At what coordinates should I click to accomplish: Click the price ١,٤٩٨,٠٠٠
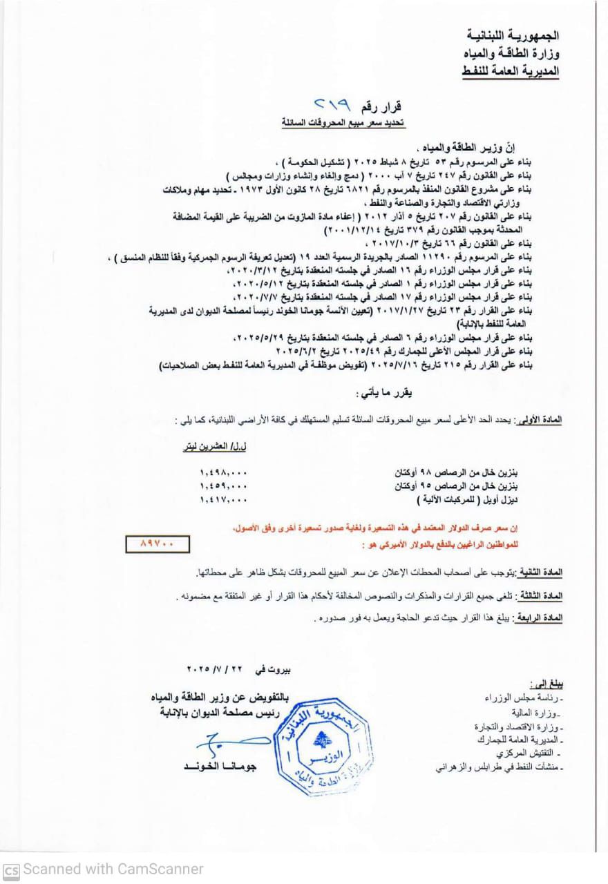pyautogui.click(x=222, y=473)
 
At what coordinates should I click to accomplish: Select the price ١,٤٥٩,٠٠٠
pyautogui.click(x=222, y=486)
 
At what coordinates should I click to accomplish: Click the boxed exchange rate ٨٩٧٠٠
pyautogui.click(x=158, y=544)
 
